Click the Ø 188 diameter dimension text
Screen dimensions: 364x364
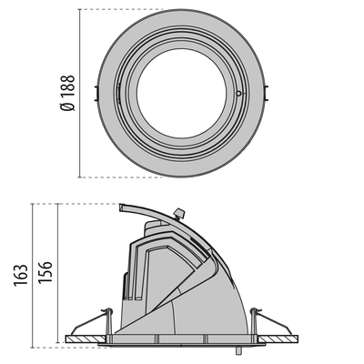click(67, 93)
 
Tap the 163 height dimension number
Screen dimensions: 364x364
click(21, 273)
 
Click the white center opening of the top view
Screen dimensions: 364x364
click(178, 92)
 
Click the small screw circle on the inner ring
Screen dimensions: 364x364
click(238, 93)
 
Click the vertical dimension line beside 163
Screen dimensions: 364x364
click(34, 273)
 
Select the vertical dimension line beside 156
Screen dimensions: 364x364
click(58, 273)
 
